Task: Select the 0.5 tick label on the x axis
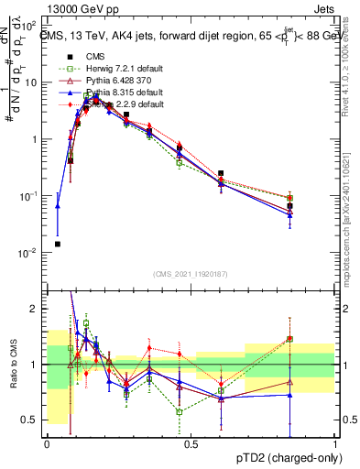191,442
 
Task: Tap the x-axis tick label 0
47,442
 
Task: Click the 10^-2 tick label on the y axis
31,252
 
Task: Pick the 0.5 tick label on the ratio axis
32,420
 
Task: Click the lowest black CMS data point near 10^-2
58,244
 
